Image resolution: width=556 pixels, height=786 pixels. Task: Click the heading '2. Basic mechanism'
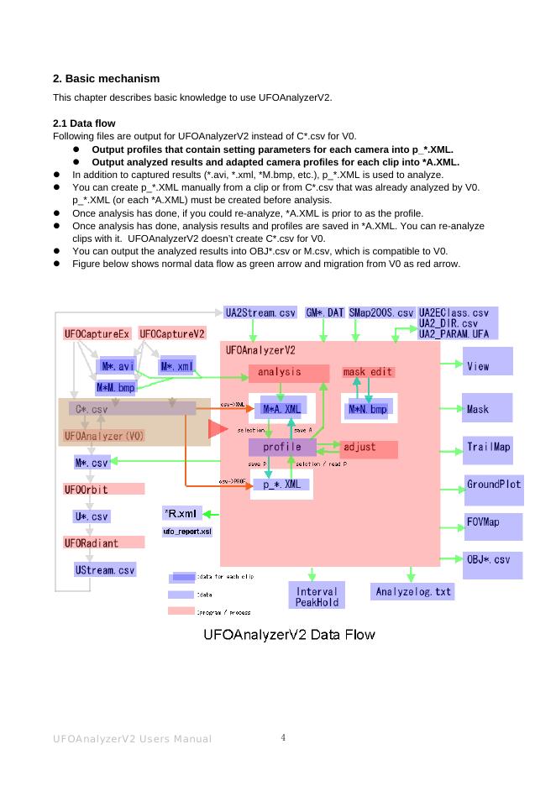pos(106,78)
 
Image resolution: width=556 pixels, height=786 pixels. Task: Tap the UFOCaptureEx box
pos(97,334)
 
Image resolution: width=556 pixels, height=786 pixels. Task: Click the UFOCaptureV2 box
pos(172,334)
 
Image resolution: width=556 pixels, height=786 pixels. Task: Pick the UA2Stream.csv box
pos(260,312)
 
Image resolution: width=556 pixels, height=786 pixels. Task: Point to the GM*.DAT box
pos(324,312)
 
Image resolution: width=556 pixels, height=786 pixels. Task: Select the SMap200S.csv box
pos(381,312)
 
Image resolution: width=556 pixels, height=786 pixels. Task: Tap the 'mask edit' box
pos(368,372)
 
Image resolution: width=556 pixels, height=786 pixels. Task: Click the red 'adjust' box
pos(368,448)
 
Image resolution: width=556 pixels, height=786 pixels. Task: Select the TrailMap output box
pos(488,448)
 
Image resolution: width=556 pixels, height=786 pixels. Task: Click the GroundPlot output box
pos(494,485)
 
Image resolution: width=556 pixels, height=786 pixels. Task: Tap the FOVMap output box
pos(493,522)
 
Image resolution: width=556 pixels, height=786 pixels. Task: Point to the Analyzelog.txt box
pos(413,592)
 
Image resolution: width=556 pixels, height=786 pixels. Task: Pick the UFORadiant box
pos(92,543)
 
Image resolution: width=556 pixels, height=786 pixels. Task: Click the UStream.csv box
pos(105,570)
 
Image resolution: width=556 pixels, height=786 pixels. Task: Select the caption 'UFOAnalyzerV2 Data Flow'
pos(290,633)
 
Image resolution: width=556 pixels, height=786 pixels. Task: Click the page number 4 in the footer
pos(283,738)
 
